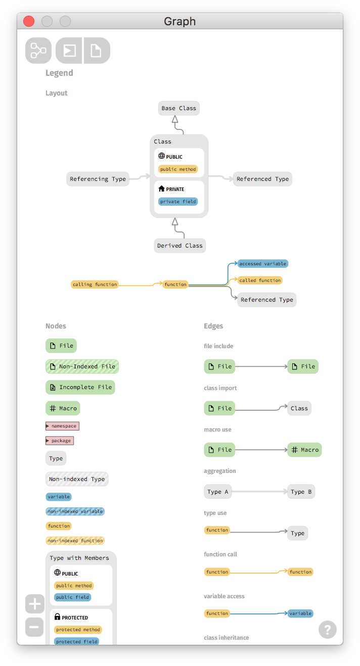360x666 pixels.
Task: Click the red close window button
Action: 29,21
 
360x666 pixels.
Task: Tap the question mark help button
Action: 327,630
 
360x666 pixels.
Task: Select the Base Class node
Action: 179,108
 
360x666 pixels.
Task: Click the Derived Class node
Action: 179,246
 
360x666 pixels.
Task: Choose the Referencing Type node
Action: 98,179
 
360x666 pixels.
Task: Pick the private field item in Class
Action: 178,202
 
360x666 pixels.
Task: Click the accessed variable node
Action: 263,264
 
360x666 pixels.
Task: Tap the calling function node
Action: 95,284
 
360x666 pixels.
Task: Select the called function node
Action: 260,280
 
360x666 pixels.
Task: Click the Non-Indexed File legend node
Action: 82,366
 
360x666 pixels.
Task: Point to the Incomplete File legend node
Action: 80,388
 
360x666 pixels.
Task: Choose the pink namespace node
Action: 63,426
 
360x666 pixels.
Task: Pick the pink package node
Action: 60,441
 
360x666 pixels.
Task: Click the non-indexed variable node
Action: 75,511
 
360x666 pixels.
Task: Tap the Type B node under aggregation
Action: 301,492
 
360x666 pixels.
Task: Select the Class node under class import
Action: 299,408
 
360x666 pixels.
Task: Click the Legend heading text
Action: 59,73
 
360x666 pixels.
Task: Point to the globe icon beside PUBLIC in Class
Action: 162,156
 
